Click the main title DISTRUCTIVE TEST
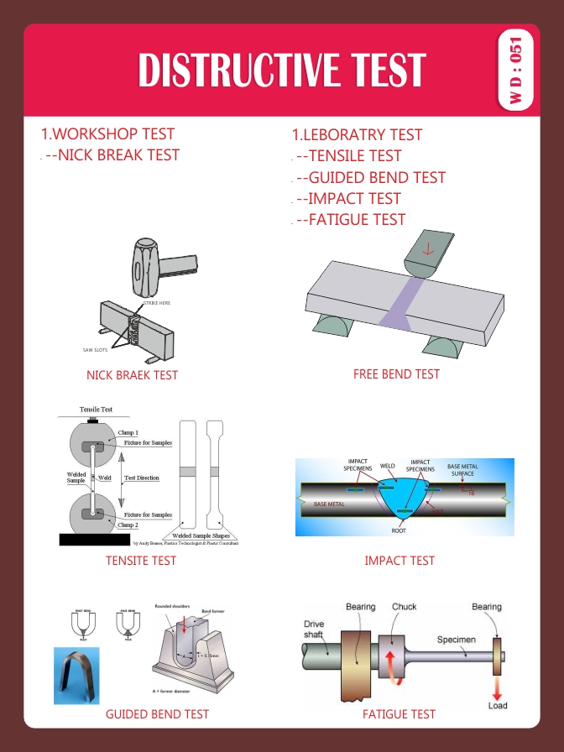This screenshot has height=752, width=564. click(282, 70)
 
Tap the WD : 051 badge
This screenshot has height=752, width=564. click(516, 70)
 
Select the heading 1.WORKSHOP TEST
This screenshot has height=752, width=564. click(107, 133)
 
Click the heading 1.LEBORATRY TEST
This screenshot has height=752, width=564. click(357, 134)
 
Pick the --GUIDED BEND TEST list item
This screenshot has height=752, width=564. click(370, 177)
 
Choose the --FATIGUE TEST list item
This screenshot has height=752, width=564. click(350, 220)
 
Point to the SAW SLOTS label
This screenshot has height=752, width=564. click(83, 350)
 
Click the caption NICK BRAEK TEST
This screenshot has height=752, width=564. click(132, 375)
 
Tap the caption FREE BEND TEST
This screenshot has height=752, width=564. click(396, 373)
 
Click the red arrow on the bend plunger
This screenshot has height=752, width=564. click(428, 249)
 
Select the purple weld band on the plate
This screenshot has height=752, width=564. click(394, 303)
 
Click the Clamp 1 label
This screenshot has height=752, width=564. click(128, 432)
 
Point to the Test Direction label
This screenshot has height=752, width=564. click(141, 478)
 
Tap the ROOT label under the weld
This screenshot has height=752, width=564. click(399, 530)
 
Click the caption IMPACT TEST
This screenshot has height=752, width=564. click(399, 560)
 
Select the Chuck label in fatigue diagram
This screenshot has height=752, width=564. click(404, 607)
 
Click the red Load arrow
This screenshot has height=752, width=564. click(498, 687)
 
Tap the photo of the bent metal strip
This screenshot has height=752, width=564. click(76, 675)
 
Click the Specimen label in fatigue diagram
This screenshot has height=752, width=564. click(457, 640)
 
